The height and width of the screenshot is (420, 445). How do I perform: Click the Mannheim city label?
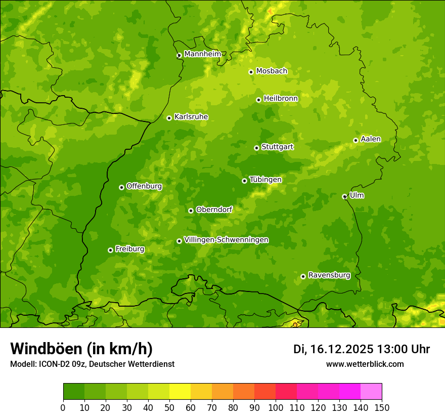pyautogui.click(x=202, y=54)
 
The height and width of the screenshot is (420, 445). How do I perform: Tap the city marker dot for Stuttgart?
pyautogui.click(x=256, y=148)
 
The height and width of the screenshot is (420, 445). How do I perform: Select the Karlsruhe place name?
pyautogui.click(x=191, y=117)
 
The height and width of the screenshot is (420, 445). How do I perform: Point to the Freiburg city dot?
pyautogui.click(x=110, y=250)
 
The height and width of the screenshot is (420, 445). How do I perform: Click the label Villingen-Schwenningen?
pyautogui.click(x=226, y=240)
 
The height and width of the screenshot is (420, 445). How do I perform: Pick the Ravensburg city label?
pyautogui.click(x=329, y=275)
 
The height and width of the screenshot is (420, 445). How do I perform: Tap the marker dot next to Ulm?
pyautogui.click(x=344, y=196)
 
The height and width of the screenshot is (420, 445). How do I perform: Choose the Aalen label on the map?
pyautogui.click(x=370, y=139)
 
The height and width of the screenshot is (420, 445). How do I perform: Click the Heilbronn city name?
pyautogui.click(x=281, y=99)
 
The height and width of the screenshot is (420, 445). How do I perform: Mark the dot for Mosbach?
pyautogui.click(x=251, y=72)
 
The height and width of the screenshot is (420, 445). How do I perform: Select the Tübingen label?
pyautogui.click(x=265, y=180)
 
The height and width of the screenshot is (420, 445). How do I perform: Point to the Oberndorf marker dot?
pyautogui.click(x=191, y=211)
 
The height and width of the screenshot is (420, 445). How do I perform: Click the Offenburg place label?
pyautogui.click(x=144, y=186)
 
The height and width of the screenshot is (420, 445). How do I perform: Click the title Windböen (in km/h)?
pyautogui.click(x=81, y=349)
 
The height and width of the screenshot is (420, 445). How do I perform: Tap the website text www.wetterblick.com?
pyautogui.click(x=365, y=364)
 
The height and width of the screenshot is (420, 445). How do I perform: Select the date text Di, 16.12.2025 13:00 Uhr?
pyautogui.click(x=362, y=349)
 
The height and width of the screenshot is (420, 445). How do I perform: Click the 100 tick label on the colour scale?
pyautogui.click(x=276, y=408)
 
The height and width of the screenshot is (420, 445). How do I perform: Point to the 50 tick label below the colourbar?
pyautogui.click(x=169, y=408)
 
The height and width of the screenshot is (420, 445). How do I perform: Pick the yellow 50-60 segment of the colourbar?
pyautogui.click(x=180, y=391)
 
